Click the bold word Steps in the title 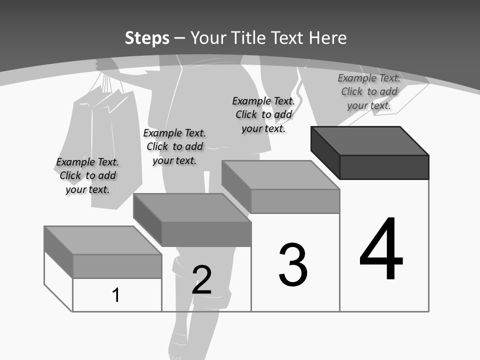tap(147, 38)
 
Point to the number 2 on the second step tap(201, 279)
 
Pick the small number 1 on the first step tap(116, 295)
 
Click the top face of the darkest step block tap(370, 141)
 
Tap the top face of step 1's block tap(102, 240)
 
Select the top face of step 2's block tap(192, 207)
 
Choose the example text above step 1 tap(87, 175)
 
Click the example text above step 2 tap(174, 146)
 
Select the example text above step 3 tap(263, 114)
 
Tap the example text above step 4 tap(369, 91)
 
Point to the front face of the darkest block tap(384, 167)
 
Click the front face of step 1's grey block tap(117, 266)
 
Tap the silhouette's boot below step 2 tap(192, 330)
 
